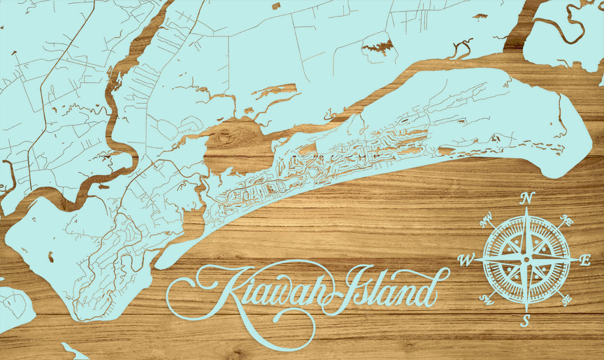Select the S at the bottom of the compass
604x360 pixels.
point(525,321)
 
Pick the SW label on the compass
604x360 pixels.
point(485,300)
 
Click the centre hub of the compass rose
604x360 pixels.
point(526,259)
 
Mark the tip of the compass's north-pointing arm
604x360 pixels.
point(526,208)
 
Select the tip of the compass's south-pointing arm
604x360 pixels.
point(526,311)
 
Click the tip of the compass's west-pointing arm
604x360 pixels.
point(474,259)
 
